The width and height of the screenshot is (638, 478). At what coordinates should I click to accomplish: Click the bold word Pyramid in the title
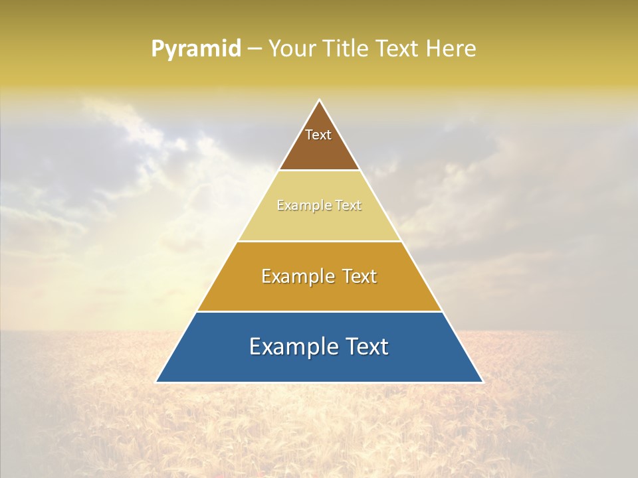click(195, 49)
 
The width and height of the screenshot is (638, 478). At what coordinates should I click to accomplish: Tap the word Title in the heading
click(345, 48)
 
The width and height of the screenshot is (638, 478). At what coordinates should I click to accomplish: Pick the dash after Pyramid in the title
click(254, 49)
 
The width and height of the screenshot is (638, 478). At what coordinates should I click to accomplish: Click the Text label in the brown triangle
click(318, 135)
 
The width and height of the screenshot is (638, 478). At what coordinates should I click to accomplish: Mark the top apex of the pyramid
click(319, 100)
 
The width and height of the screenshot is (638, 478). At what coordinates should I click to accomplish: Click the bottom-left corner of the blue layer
click(157, 382)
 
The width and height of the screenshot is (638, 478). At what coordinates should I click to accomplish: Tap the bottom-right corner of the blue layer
click(482, 382)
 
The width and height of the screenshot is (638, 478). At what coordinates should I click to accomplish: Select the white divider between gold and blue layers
click(319, 311)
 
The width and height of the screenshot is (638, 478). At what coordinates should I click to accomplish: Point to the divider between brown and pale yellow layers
click(319, 171)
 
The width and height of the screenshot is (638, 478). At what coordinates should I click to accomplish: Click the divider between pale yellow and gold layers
click(319, 241)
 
